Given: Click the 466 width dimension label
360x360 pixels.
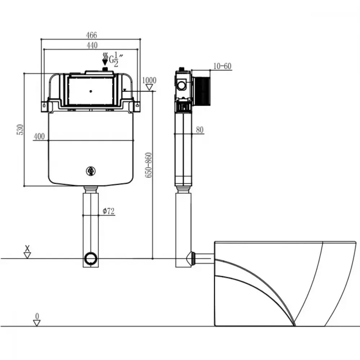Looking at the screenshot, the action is (x=91, y=35).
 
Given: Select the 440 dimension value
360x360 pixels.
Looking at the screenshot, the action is (x=92, y=45).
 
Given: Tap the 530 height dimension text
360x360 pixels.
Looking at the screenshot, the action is (x=20, y=130).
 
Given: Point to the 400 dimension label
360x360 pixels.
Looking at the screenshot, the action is (x=39, y=136).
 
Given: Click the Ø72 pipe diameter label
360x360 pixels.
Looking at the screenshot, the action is (x=108, y=211).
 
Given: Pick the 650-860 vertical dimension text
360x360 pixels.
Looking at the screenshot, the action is (x=149, y=165).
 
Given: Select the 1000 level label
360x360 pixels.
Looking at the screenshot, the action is (x=149, y=80).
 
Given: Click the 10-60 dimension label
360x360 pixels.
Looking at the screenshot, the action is (x=222, y=66).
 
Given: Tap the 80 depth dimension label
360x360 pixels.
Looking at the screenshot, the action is (x=200, y=130).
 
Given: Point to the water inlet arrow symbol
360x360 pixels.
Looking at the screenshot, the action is (x=105, y=59).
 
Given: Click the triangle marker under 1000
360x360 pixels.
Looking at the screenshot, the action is (x=149, y=87).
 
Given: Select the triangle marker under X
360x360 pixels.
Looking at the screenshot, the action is (x=27, y=256).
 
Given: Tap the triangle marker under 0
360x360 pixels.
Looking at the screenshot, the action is (x=37, y=323).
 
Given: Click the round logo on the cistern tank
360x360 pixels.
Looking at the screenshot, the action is (x=91, y=171).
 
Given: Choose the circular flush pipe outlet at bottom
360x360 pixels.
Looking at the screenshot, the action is (x=91, y=258).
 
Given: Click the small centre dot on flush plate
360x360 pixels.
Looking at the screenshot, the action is (x=91, y=91).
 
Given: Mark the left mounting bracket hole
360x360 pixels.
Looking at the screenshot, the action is (x=44, y=105).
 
